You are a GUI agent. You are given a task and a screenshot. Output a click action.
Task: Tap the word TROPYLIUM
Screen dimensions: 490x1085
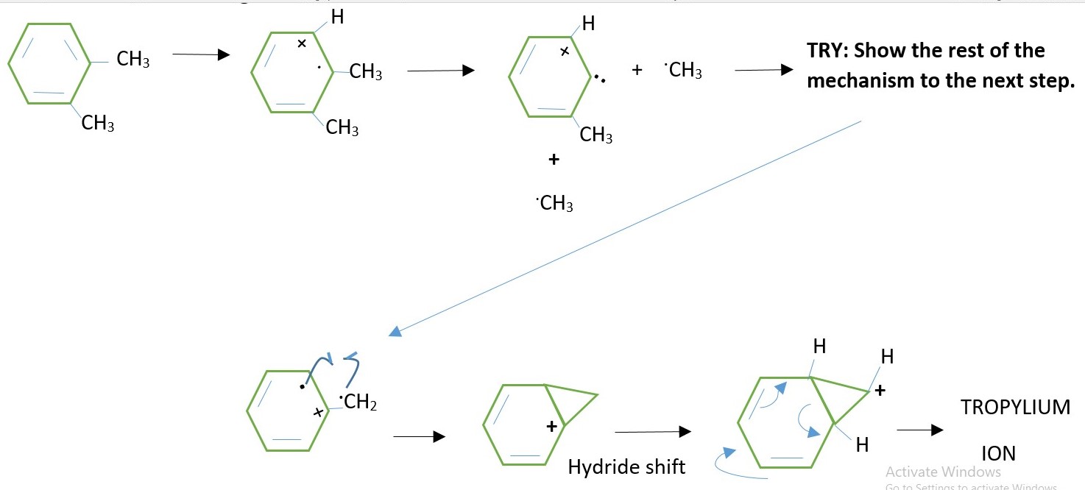pyautogui.click(x=1015, y=408)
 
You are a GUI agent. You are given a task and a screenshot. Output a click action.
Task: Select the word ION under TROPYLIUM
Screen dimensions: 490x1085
pyautogui.click(x=997, y=453)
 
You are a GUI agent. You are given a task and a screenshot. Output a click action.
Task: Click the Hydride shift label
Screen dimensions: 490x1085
pyautogui.click(x=626, y=466)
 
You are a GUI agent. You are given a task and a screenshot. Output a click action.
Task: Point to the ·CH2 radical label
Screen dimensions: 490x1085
pyautogui.click(x=358, y=402)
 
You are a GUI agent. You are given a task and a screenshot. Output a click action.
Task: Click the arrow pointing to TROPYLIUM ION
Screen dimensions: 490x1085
pyautogui.click(x=919, y=431)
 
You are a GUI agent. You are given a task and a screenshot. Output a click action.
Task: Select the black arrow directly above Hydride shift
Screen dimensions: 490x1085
pyautogui.click(x=652, y=432)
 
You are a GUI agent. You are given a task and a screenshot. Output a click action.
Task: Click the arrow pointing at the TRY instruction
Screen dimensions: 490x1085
pyautogui.click(x=764, y=71)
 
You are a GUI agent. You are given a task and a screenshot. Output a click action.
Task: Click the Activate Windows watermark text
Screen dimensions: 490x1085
pyautogui.click(x=943, y=472)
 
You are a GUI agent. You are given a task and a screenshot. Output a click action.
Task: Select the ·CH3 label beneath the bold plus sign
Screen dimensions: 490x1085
pyautogui.click(x=555, y=204)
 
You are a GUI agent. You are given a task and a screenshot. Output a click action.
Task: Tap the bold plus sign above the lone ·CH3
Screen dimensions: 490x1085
pyautogui.click(x=554, y=160)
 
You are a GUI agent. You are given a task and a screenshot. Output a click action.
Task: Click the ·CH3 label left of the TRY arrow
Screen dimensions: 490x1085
pyautogui.click(x=683, y=71)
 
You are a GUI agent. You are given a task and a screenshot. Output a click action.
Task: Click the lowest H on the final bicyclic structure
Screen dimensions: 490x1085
pyautogui.click(x=862, y=444)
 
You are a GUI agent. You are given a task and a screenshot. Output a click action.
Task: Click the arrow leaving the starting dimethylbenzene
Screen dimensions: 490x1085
pyautogui.click(x=200, y=55)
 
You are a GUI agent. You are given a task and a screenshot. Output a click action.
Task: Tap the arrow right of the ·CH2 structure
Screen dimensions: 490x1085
pyautogui.click(x=419, y=437)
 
